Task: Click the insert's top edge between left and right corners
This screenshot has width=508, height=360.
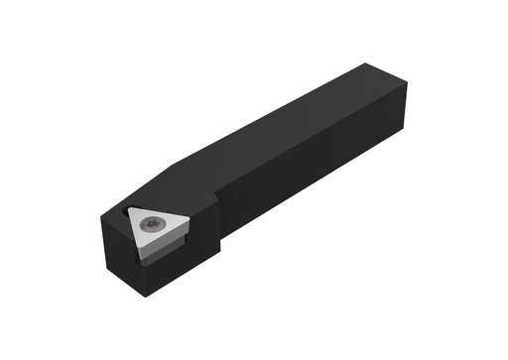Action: coord(160,208)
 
